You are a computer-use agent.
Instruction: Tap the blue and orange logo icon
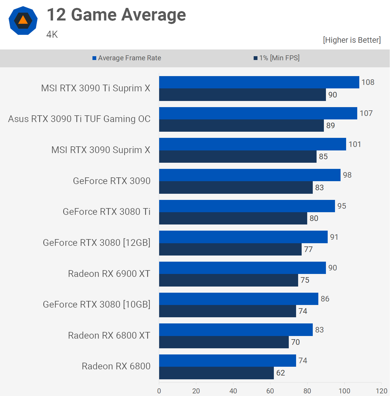pos(23,20)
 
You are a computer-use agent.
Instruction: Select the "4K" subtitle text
pos(52,35)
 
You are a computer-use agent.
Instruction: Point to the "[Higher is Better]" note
pos(352,40)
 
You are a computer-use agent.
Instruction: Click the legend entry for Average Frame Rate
pos(127,58)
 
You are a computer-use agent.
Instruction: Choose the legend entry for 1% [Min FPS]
pos(276,58)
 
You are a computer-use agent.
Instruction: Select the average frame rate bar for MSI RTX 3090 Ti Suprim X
pos(259,82)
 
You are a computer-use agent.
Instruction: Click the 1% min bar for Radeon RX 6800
pos(217,373)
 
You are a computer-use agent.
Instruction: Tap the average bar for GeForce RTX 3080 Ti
pos(247,206)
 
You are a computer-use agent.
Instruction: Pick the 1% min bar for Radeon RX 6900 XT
pos(228,280)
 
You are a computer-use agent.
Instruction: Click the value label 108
pos(368,82)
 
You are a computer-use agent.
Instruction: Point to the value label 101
pos(355,144)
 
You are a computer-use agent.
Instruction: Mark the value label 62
pos(280,373)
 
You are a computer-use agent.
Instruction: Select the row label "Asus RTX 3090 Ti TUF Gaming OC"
pos(79,119)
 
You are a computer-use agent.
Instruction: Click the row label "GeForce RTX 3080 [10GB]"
pos(97,304)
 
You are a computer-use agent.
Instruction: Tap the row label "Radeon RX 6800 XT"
pos(109,335)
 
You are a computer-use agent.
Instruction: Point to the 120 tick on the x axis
pos(381,391)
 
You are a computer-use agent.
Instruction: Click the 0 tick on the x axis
pos(159,391)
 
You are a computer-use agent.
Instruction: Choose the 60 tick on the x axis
pos(270,391)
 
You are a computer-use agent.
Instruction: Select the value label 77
pos(308,249)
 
